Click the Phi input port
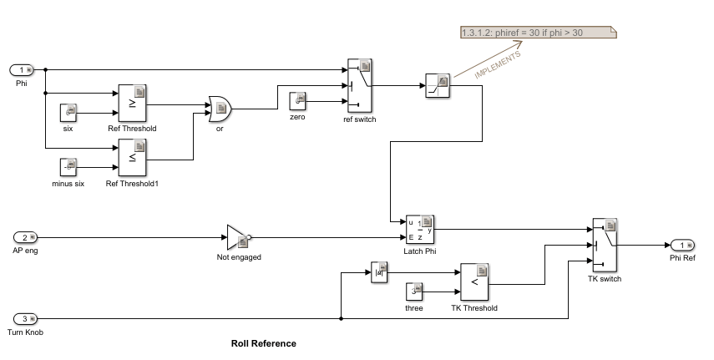[22, 69]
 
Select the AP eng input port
[26, 237]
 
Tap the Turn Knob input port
[26, 318]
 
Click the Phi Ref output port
[682, 246]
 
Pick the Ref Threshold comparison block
[133, 104]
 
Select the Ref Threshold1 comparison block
[133, 158]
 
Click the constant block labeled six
[68, 113]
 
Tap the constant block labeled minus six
[68, 167]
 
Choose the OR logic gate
[220, 109]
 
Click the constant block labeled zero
[297, 101]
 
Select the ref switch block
[360, 86]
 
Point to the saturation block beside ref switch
[438, 86]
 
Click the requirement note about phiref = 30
[539, 33]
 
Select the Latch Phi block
[420, 230]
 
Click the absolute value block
[379, 272]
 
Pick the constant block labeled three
[414, 292]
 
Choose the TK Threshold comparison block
[474, 282]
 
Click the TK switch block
[605, 246]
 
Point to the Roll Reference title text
[264, 343]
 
